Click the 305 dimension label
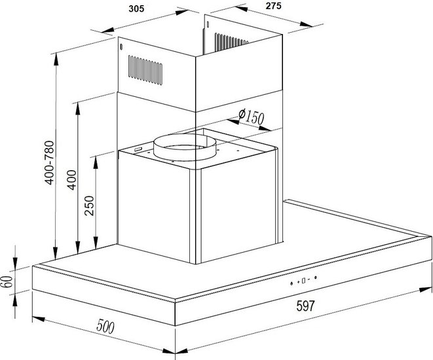tap(136, 9)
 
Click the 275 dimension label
tap(273, 6)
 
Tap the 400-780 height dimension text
tap(50, 162)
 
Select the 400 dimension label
tap(72, 180)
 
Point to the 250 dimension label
tap(89, 206)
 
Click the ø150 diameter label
tap(251, 117)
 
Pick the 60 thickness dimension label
tap(7, 281)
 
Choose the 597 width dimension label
tap(305, 306)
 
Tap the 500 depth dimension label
tap(105, 327)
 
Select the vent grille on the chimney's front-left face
tap(145, 70)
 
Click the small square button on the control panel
tap(303, 281)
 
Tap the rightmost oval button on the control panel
tap(315, 278)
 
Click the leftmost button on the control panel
tap(292, 283)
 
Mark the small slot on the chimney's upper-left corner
tap(121, 47)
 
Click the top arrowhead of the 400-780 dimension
tap(56, 59)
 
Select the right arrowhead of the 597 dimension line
tap(425, 290)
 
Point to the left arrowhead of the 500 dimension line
tap(39, 319)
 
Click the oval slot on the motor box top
tap(138, 149)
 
